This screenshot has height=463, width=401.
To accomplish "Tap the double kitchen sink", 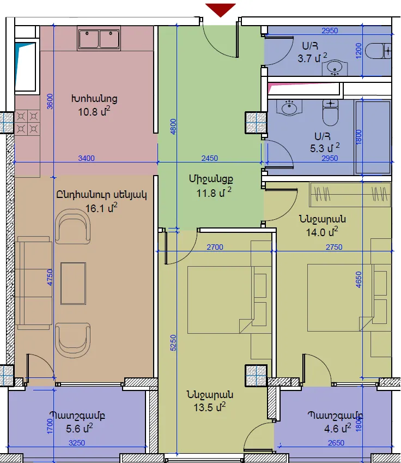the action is [x=99, y=38].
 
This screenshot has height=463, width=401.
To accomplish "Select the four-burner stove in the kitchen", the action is [x=27, y=123].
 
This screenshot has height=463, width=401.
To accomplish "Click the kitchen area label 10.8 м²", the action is [x=94, y=112].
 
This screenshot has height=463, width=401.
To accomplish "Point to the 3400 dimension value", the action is [x=87, y=158].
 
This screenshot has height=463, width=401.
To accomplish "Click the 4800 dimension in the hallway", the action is [x=173, y=127].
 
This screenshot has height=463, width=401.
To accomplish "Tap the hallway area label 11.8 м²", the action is [x=214, y=193].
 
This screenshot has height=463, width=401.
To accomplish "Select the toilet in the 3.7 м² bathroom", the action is [x=378, y=51].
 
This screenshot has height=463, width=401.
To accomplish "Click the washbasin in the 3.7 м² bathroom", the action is [x=335, y=67].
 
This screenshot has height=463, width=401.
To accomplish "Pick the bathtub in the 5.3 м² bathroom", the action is [x=373, y=137].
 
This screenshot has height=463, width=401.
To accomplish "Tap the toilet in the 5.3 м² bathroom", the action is [x=331, y=112].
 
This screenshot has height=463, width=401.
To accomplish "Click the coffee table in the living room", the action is [x=73, y=284].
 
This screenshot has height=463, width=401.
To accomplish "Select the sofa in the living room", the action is [x=33, y=283].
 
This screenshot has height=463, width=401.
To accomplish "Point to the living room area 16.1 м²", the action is [x=101, y=208].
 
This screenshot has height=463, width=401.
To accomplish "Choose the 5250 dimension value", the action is [x=173, y=342].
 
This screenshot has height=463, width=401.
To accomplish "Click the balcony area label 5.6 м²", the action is [x=80, y=428].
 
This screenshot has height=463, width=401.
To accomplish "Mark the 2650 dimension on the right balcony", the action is [x=336, y=443].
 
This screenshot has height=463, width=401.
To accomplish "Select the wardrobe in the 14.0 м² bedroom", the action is [x=350, y=194].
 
